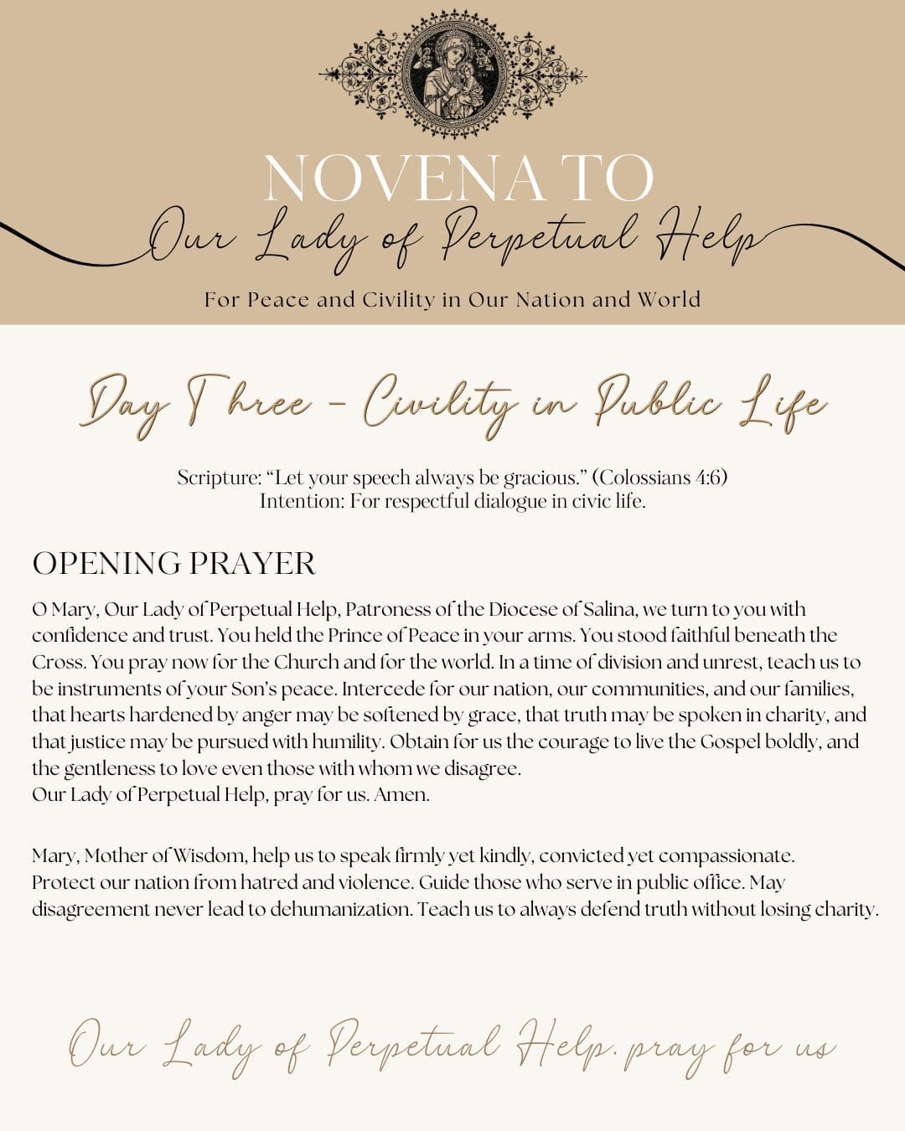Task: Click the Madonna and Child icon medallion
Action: click(x=452, y=75)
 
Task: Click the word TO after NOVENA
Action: click(x=609, y=178)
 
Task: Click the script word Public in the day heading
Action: click(x=659, y=403)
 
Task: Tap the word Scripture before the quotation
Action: click(x=219, y=478)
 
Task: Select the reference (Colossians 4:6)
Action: click(x=659, y=478)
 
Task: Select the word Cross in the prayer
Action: click(x=57, y=662)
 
